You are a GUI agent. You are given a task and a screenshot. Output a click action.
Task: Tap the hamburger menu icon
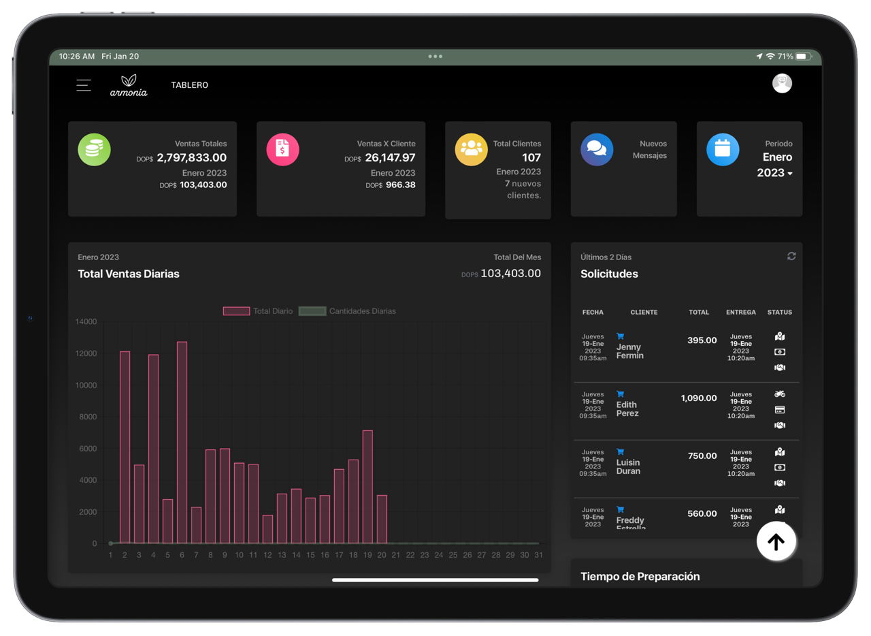(x=84, y=85)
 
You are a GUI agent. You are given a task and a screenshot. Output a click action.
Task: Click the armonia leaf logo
(x=129, y=85)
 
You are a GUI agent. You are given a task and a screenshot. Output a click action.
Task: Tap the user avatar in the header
(x=782, y=84)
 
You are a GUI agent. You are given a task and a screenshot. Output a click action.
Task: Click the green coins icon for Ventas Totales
(x=94, y=150)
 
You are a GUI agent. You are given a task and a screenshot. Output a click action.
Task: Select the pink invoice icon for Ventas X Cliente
(x=282, y=150)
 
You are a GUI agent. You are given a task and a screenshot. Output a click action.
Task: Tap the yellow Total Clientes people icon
(x=471, y=150)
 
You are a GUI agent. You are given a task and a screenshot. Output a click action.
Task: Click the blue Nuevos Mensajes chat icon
(x=597, y=150)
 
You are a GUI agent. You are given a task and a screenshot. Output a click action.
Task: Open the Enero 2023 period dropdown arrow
(x=790, y=174)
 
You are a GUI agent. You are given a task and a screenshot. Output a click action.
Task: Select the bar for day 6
(x=182, y=443)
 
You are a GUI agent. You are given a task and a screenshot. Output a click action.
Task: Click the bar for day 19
(x=367, y=487)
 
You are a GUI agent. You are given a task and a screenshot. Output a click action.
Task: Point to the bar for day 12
(x=267, y=529)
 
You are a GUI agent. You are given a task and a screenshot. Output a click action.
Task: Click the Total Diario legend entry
(x=258, y=311)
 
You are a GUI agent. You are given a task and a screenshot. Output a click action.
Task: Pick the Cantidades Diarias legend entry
(x=347, y=311)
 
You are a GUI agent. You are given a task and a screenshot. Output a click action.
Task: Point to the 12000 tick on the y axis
(x=86, y=353)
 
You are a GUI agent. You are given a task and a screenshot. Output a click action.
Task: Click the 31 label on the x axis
(x=538, y=555)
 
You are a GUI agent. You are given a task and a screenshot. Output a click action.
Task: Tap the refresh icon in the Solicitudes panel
(x=791, y=256)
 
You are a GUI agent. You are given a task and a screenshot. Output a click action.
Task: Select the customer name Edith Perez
(x=627, y=409)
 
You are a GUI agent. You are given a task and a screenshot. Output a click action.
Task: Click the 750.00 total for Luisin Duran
(x=702, y=456)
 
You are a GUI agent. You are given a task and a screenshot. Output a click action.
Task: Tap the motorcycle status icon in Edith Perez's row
(x=780, y=394)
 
